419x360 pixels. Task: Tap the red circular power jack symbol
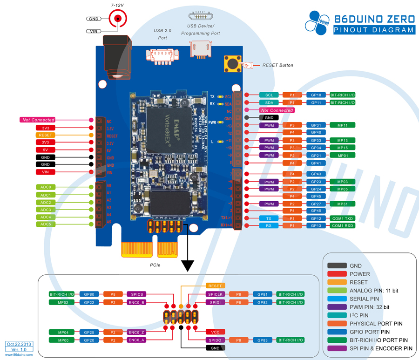(x=118, y=19)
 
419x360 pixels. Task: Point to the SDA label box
(x=269, y=102)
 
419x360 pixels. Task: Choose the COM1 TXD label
(x=343, y=218)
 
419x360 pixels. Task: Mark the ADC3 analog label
(x=46, y=210)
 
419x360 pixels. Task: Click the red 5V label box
(x=46, y=150)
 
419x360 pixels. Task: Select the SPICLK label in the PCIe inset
(x=215, y=294)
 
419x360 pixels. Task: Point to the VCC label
(x=215, y=332)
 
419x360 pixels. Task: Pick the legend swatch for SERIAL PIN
(x=337, y=299)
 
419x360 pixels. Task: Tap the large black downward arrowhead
(x=188, y=265)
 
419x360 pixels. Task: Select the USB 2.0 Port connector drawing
(x=160, y=54)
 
